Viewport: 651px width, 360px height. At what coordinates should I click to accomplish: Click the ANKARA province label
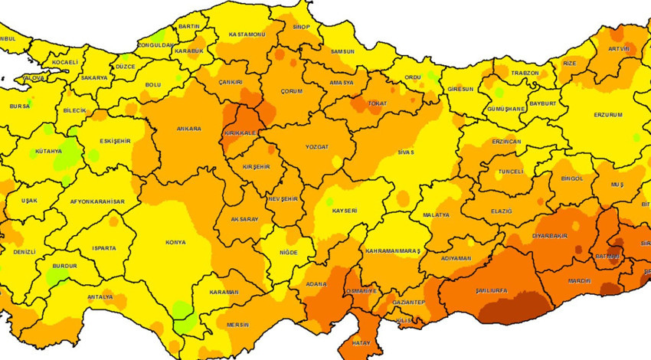(188, 129)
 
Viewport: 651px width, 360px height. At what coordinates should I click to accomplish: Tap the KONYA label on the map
(175, 243)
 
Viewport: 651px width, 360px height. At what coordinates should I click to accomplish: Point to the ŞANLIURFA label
(514, 291)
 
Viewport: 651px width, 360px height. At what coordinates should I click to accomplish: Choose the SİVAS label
(405, 152)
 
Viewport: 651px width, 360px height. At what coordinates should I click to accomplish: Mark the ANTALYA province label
(100, 297)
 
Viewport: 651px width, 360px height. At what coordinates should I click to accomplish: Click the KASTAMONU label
(247, 35)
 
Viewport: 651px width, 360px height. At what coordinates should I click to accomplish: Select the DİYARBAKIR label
(550, 236)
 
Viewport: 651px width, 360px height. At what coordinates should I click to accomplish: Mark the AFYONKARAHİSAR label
(97, 201)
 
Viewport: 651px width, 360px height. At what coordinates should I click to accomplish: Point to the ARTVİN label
(618, 49)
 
